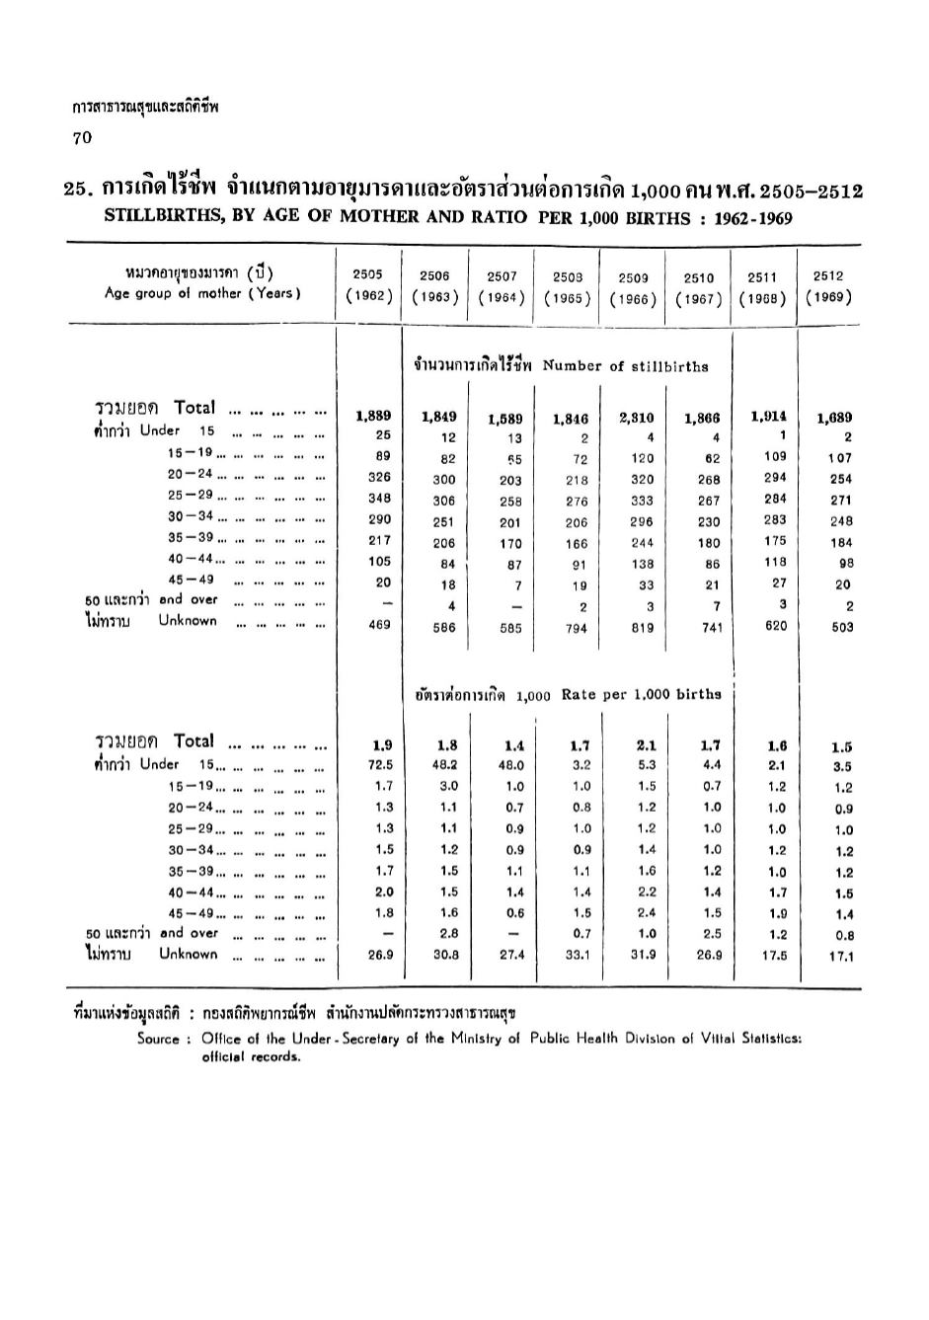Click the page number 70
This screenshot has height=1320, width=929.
82,138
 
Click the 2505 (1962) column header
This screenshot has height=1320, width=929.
371,286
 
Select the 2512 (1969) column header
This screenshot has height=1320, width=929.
828,286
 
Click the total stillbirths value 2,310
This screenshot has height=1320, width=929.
637,419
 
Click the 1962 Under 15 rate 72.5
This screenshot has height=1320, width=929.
380,764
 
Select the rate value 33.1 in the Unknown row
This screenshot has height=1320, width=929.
579,956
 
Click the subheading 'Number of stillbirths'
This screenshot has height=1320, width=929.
625,366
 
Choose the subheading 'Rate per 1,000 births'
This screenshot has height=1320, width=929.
641,694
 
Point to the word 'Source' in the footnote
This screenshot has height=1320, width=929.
158,1039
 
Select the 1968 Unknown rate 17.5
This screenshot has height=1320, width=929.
776,955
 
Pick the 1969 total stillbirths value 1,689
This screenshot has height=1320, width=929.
834,418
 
